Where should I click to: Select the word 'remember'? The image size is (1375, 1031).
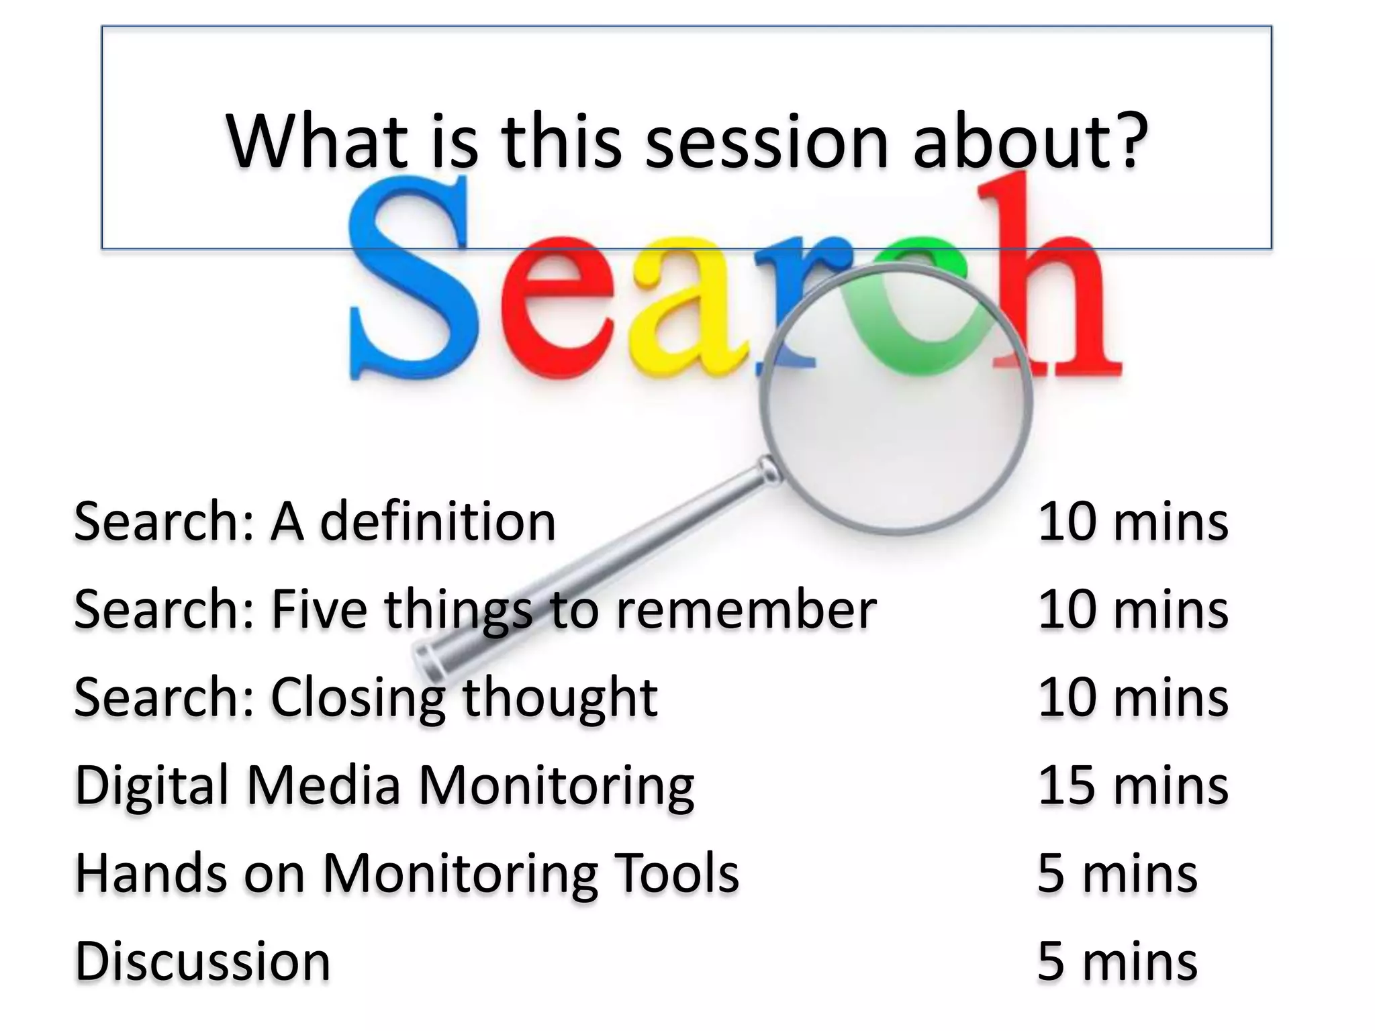(745, 609)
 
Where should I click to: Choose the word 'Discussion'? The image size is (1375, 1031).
(203, 961)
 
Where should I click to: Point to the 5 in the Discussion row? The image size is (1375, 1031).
(1051, 962)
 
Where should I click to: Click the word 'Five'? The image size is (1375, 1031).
(319, 609)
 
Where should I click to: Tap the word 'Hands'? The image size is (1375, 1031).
(151, 873)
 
